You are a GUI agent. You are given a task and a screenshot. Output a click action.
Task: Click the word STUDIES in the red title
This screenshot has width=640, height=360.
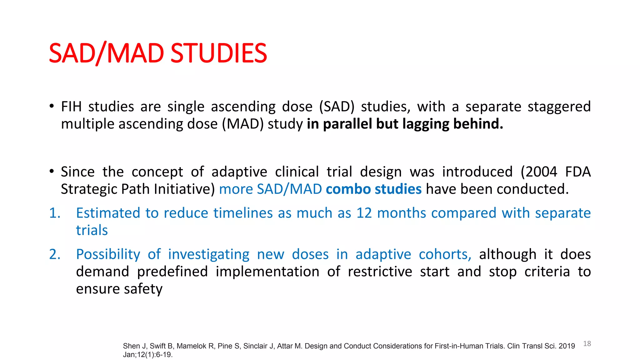coord(219,53)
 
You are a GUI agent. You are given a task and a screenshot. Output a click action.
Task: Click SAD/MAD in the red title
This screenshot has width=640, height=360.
coord(106,53)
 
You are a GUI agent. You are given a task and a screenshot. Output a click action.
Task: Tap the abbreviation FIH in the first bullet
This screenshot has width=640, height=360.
coord(71,107)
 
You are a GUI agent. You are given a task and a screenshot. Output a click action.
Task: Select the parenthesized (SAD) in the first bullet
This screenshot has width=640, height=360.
coord(337,107)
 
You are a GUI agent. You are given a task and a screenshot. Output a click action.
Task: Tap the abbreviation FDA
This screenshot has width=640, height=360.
coord(578,172)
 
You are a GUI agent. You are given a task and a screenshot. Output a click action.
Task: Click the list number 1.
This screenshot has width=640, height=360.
coord(55,213)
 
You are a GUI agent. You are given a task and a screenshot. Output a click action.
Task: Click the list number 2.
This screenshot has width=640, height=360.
coord(55,254)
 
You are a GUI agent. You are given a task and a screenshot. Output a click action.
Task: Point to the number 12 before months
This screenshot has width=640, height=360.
coord(364,213)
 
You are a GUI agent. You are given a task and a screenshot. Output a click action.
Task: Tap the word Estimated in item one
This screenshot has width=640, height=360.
coord(108,213)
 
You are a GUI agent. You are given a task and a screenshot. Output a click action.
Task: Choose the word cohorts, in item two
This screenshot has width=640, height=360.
coord(445,254)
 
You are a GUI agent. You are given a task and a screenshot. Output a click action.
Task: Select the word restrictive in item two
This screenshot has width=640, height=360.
coord(380,272)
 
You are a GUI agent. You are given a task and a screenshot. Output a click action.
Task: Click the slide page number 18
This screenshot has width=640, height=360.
coord(587,344)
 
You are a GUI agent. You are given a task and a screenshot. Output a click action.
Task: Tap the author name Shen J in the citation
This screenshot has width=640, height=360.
coord(134,346)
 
